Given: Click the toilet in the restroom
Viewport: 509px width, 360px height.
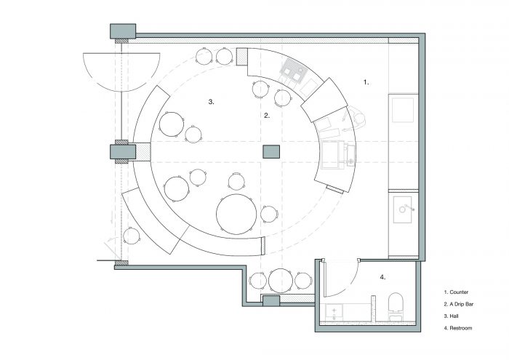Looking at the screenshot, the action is pos(396,306).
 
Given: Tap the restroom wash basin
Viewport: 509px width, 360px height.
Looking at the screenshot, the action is pos(334,312).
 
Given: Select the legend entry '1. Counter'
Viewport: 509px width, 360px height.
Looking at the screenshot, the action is pos(456,292).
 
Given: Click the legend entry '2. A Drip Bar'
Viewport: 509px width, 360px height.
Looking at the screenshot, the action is pos(459,304).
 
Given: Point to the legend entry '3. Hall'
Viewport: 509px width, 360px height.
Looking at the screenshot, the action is pos(452,316).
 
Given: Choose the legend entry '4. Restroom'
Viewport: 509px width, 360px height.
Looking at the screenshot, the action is pos(458,328).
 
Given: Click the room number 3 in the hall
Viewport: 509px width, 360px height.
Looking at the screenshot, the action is pos(211,102).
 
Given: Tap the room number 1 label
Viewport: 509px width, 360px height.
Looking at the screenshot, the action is pos(366,82).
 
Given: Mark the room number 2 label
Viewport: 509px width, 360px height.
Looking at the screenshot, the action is pos(267,115).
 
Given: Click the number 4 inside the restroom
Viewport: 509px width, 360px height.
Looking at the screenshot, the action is pos(382,277).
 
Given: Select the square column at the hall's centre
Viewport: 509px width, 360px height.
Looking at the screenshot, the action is pos(271,151).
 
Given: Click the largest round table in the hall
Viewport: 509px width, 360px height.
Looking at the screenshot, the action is pos(236,215).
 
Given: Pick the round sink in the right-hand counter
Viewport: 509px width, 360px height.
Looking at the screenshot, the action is pos(403,209).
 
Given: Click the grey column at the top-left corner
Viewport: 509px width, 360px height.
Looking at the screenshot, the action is pos(123,31).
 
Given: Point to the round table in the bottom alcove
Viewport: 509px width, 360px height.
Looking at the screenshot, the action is pos(281,281).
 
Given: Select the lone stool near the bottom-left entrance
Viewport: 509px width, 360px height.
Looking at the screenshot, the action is pos(132,236).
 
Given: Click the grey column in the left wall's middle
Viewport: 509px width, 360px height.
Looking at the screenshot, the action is pos(123,151).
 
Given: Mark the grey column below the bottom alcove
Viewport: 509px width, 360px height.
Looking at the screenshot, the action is pos(270,301).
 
